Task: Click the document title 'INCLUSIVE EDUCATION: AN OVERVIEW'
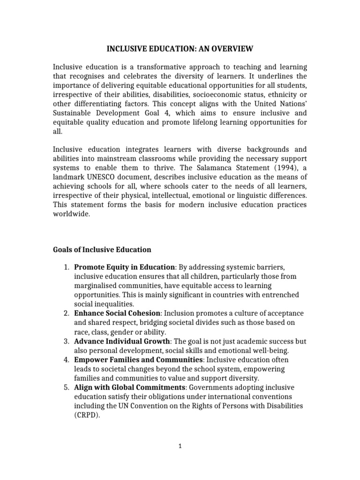click(x=180, y=48)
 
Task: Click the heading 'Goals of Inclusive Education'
click(x=102, y=249)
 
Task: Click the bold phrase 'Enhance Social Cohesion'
click(x=117, y=313)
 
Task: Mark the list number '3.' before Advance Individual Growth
click(x=66, y=341)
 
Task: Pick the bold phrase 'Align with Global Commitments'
click(x=130, y=387)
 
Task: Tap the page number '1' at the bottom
click(x=180, y=447)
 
